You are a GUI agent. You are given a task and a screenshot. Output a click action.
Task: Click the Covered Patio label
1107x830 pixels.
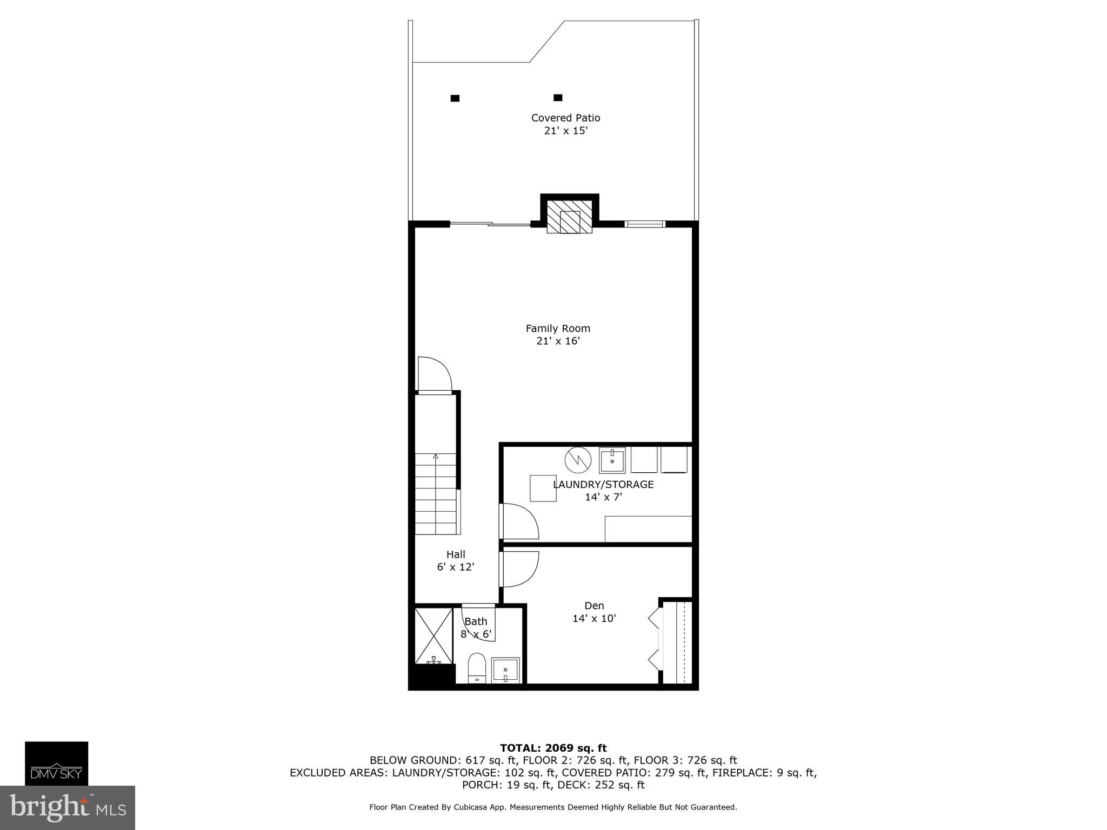coord(565,118)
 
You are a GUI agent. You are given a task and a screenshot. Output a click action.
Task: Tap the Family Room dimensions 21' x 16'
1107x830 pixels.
coord(558,341)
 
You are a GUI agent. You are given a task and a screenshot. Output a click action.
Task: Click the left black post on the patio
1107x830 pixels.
coord(455,98)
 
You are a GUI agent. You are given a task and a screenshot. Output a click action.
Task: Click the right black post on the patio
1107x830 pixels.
coord(558,98)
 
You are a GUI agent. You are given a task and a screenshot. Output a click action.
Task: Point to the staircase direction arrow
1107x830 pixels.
coord(436,457)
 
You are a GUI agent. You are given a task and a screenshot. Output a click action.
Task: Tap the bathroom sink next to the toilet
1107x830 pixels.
coord(505,670)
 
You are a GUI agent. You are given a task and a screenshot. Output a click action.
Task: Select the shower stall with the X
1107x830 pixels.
coord(434,635)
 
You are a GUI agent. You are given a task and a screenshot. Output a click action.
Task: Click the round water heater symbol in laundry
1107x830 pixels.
coord(578,460)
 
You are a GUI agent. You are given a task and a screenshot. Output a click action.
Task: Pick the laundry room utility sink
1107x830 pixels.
coord(612,460)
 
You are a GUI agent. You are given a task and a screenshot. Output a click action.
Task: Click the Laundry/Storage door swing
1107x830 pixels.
coord(519,521)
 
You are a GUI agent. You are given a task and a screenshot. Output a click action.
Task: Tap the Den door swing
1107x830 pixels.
coord(519,569)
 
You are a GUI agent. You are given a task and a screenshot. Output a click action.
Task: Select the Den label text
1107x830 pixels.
coord(594,606)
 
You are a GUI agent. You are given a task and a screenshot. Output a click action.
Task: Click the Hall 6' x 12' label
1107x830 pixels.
coord(456,561)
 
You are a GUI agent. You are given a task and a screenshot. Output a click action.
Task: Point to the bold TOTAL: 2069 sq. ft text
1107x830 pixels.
coord(553,748)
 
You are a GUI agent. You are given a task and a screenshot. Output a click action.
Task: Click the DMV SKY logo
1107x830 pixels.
coord(56,763)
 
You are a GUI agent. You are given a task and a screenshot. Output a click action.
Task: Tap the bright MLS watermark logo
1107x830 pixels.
coord(67,807)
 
